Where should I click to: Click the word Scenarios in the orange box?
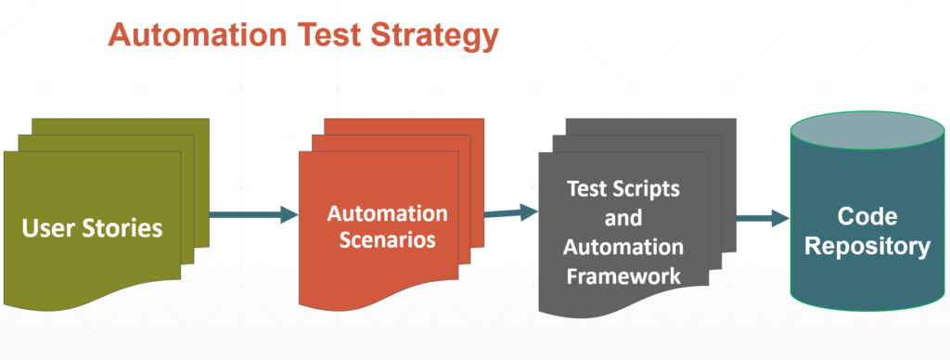(x=380, y=238)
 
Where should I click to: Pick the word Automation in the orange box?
(x=387, y=213)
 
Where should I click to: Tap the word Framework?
(x=623, y=276)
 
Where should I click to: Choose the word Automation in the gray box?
(x=623, y=248)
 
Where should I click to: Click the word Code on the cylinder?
(x=867, y=217)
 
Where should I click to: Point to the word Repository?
(x=868, y=247)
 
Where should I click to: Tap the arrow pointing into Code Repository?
(x=762, y=220)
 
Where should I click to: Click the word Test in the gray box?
(x=585, y=189)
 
